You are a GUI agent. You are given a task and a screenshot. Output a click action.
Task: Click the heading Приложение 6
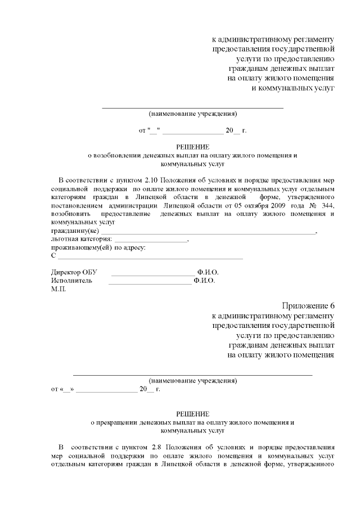[308, 305]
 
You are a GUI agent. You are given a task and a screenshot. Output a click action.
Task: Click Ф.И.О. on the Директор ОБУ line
[208, 272]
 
